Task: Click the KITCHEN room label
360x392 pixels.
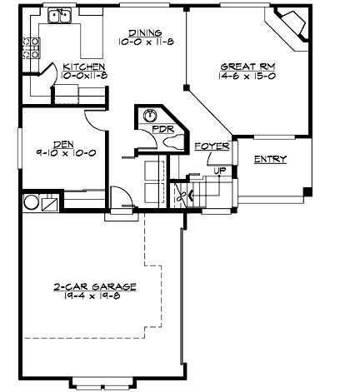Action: pos(83,65)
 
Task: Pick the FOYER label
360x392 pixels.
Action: pos(212,146)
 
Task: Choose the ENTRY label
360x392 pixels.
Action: pos(270,159)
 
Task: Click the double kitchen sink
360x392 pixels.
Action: pos(59,15)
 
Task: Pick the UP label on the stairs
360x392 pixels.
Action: pos(220,171)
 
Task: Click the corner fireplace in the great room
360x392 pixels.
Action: pos(292,26)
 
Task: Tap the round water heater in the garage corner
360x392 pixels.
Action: pos(30,201)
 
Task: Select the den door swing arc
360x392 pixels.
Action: pos(95,122)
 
